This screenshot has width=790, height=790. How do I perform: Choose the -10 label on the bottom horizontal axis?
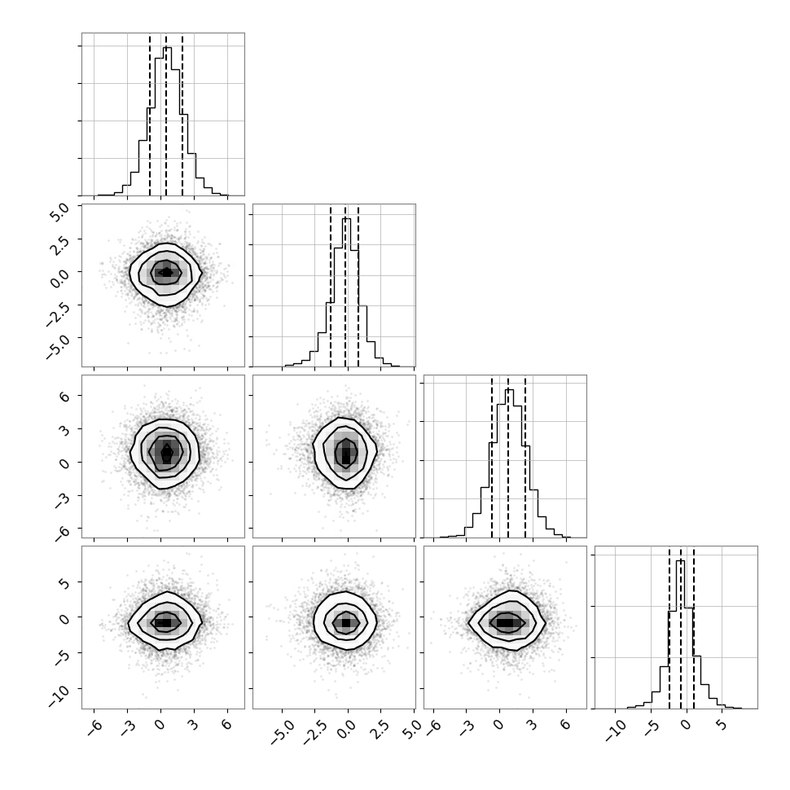(x=615, y=731)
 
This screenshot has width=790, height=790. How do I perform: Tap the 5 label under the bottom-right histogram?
(x=722, y=725)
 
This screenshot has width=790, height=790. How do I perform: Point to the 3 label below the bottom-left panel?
(x=194, y=725)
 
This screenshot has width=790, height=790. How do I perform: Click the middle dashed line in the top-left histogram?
(x=166, y=116)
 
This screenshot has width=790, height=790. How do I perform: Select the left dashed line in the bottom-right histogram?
(x=669, y=628)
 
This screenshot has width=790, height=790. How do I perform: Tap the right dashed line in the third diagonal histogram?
(x=525, y=458)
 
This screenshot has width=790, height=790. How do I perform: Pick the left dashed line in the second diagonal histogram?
(x=331, y=287)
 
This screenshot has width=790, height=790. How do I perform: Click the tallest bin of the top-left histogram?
(x=167, y=121)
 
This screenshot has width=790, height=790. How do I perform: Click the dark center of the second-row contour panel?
(x=166, y=273)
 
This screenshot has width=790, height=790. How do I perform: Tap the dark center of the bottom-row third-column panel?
(x=509, y=623)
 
